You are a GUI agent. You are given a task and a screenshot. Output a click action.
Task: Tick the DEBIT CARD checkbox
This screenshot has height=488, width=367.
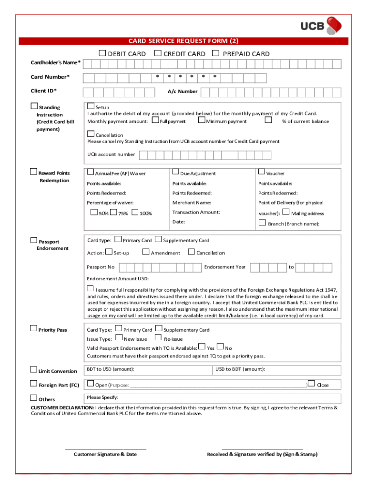point(102,53)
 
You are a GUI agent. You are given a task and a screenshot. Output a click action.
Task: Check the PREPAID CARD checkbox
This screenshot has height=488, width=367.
point(215,53)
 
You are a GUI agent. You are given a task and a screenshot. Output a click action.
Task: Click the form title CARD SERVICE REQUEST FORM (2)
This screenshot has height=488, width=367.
point(183,41)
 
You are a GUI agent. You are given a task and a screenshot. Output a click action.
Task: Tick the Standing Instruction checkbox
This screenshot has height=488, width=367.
point(34,106)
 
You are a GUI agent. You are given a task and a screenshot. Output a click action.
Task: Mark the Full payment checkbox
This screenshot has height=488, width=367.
point(155,121)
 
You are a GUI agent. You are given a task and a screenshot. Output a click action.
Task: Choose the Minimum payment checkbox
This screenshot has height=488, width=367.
point(202,121)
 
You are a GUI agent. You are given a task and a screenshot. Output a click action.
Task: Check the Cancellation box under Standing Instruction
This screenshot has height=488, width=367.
point(91,134)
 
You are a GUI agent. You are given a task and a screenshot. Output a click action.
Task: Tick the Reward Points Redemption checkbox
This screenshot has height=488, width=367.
point(33,172)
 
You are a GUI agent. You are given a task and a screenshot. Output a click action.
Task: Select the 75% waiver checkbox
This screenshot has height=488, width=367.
point(114,213)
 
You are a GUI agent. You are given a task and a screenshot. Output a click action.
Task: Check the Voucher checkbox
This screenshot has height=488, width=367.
point(262,172)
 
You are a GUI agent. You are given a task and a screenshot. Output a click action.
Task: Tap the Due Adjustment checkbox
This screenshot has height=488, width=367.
point(175,172)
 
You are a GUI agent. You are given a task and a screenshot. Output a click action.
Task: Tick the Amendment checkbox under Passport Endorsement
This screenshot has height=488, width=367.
point(146,252)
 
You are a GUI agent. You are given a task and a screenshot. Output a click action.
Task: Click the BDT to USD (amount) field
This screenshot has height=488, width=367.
point(148,370)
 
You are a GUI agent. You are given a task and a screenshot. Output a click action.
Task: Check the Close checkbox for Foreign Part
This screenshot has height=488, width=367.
point(311,384)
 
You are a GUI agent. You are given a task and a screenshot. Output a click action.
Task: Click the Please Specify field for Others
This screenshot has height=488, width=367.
point(213,398)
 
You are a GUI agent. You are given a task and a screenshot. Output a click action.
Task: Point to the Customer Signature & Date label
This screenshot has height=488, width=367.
point(105,454)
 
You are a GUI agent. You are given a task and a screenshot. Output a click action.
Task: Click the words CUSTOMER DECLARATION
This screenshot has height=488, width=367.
point(62,408)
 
